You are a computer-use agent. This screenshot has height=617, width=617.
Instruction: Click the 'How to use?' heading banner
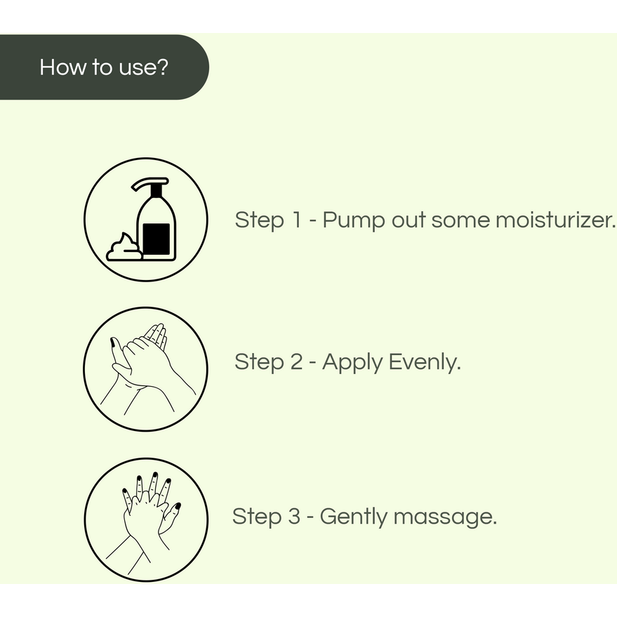103,67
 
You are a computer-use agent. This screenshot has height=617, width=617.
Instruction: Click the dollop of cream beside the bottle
124,248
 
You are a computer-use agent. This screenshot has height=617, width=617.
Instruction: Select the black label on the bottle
156,237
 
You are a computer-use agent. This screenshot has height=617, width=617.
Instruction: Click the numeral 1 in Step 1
296,220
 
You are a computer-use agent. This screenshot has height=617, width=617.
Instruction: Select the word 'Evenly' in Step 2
425,363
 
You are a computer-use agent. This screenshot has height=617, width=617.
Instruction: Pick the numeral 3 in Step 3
295,517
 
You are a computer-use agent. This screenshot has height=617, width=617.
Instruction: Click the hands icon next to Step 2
145,369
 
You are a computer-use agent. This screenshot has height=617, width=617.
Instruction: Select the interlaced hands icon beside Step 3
145,519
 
